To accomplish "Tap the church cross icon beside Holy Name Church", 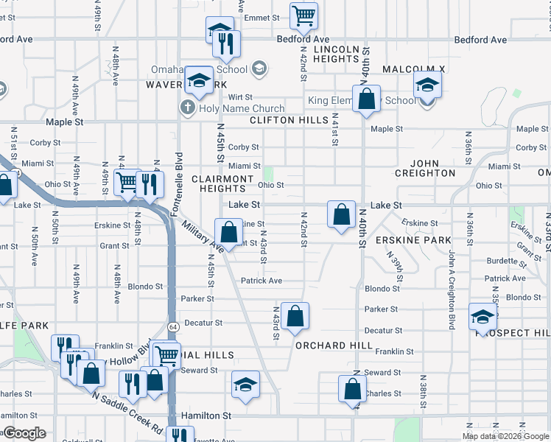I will click(x=187, y=108).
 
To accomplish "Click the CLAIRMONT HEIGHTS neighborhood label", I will click(x=222, y=183).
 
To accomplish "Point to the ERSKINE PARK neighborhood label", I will click(x=413, y=241).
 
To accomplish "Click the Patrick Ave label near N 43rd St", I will click(x=261, y=281).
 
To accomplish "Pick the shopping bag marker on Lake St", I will click(x=341, y=215).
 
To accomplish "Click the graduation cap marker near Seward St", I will click(x=246, y=384).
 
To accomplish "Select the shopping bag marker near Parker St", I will click(x=295, y=316).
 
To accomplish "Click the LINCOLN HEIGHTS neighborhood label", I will click(x=335, y=54).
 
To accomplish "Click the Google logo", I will click(x=24, y=433).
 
